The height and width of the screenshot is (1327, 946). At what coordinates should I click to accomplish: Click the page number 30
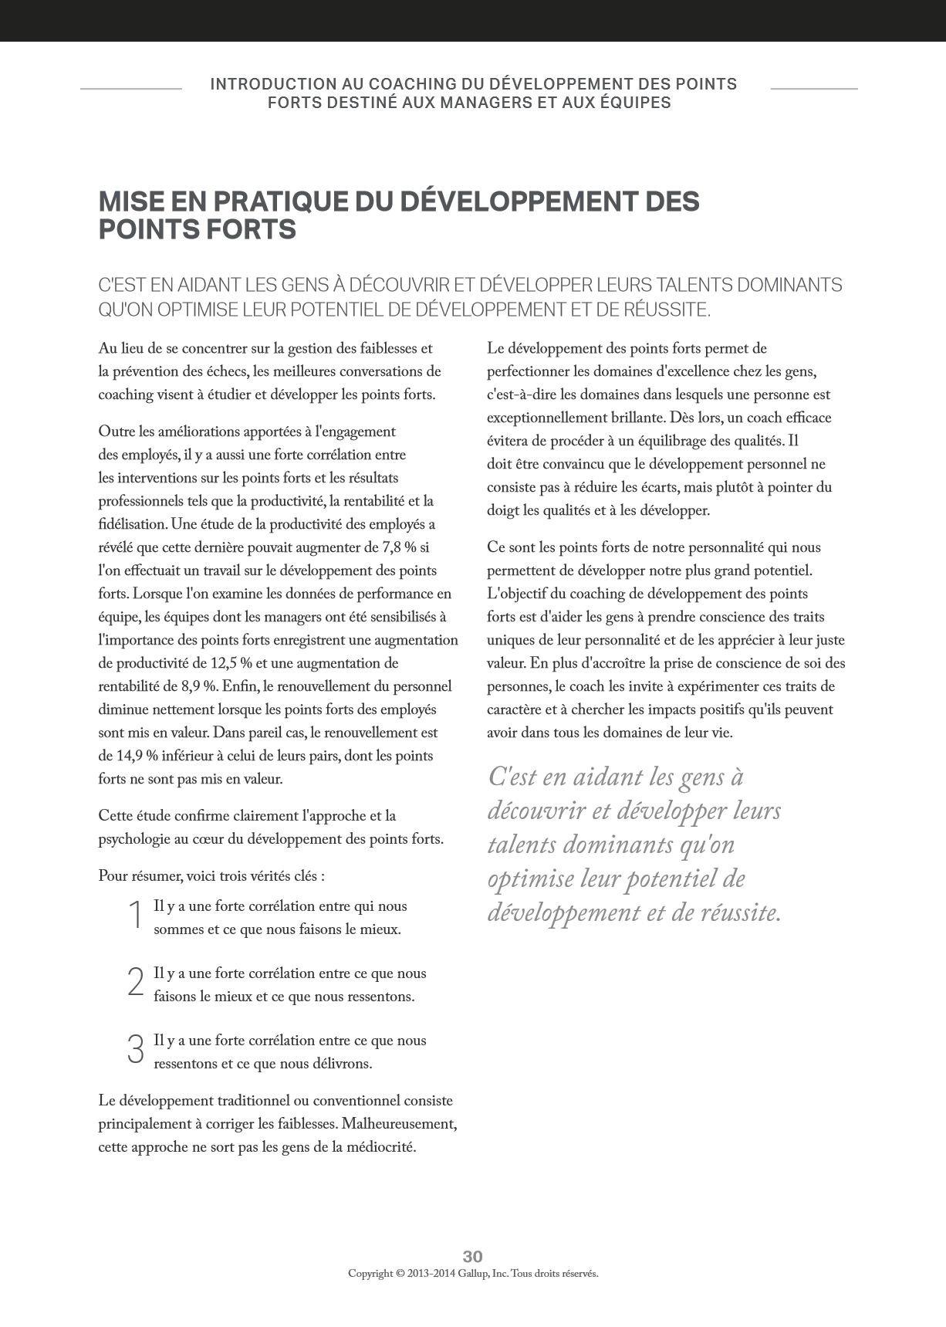(472, 1256)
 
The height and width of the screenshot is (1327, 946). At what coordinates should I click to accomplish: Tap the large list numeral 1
(135, 916)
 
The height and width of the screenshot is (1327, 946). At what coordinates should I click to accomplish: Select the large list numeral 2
(135, 983)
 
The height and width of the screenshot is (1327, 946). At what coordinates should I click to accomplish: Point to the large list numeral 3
(135, 1050)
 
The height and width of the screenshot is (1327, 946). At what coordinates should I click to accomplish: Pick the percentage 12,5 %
(230, 664)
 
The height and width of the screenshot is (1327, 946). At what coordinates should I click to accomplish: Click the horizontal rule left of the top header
(131, 89)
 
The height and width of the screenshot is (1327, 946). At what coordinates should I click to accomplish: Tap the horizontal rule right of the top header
(814, 89)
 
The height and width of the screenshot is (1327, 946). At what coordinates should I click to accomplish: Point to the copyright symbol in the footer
(400, 1274)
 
